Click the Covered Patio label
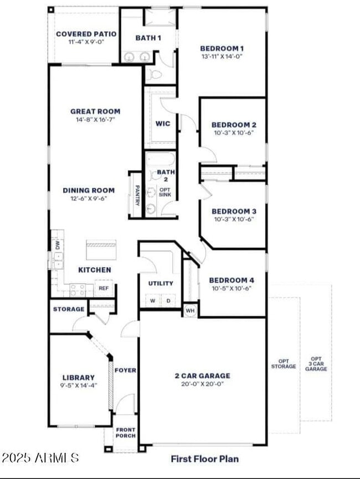pyautogui.click(x=86, y=34)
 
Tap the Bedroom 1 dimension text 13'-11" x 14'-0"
pyautogui.click(x=222, y=57)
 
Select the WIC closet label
pyautogui.click(x=163, y=124)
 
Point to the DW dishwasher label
pyautogui.click(x=58, y=245)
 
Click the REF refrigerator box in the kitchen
pyautogui.click(x=104, y=288)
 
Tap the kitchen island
pyautogui.click(x=101, y=249)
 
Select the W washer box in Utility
pyautogui.click(x=153, y=300)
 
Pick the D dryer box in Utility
pyautogui.click(x=169, y=300)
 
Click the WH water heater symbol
pyautogui.click(x=190, y=310)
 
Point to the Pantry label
pyautogui.click(x=137, y=195)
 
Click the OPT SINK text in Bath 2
pyautogui.click(x=165, y=192)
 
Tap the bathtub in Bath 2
pyautogui.click(x=160, y=160)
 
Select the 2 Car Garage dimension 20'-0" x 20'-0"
pyautogui.click(x=203, y=384)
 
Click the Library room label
pyautogui.click(x=79, y=378)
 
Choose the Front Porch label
pyautogui.click(x=125, y=432)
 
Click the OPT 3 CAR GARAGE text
pyautogui.click(x=316, y=364)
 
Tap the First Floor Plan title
pyautogui.click(x=205, y=459)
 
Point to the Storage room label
pyautogui.click(x=69, y=309)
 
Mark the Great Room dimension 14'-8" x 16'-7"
pyautogui.click(x=95, y=119)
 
